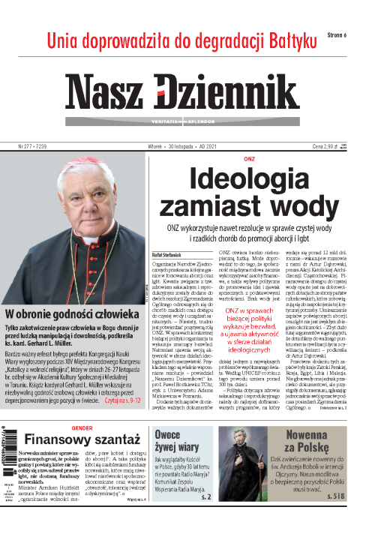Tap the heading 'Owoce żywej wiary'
(174, 442)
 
